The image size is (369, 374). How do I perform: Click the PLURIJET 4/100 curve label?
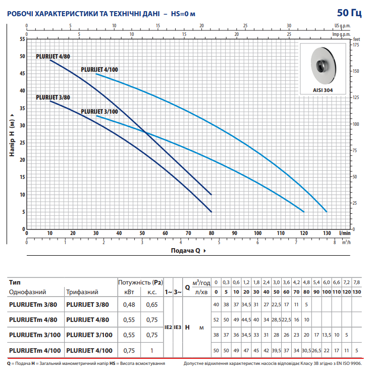[x=99, y=70]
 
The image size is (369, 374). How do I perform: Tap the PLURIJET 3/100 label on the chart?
[x=99, y=111]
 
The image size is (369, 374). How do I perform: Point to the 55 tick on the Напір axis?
[x=22, y=39]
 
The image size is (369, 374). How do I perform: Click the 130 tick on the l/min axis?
[x=327, y=233]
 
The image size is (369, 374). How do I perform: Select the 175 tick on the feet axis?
[x=356, y=45]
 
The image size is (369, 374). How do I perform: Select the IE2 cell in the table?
[x=169, y=328]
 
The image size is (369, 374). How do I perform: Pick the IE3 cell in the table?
[x=178, y=328]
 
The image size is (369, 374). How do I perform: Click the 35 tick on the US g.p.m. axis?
[x=333, y=25]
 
